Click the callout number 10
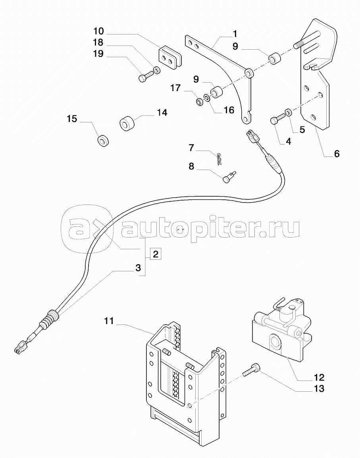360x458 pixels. pos(98,31)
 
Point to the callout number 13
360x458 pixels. pos(318,388)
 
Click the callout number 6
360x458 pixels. pos(337,153)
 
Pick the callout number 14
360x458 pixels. pos(162,113)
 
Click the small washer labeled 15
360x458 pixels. pos(104,140)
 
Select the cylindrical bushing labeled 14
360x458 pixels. pos(128,124)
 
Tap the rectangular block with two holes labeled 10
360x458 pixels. pos(169,57)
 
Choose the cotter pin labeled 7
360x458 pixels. pos(221,158)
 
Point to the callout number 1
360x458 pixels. pos(235,33)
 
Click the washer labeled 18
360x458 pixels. pos(157,71)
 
